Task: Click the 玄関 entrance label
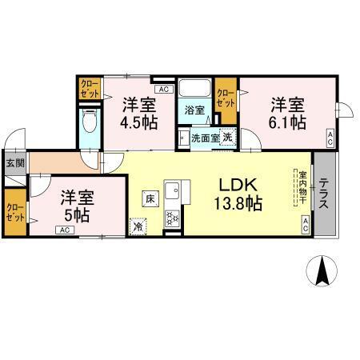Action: pyautogui.click(x=14, y=163)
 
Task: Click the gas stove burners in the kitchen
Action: pyautogui.click(x=173, y=218)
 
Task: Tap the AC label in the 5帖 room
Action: pyautogui.click(x=63, y=230)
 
